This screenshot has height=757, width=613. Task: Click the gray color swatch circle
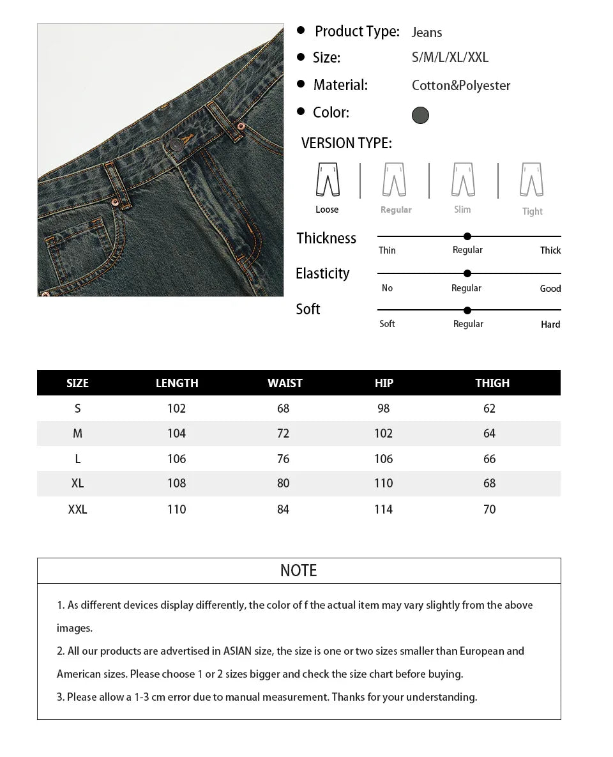(420, 115)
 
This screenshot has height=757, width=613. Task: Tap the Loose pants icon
(328, 180)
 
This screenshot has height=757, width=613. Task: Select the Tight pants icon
(531, 180)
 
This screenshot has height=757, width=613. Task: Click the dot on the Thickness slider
(467, 236)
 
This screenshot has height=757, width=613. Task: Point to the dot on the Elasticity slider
(467, 273)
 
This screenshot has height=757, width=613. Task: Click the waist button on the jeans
(176, 145)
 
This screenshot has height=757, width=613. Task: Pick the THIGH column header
(492, 383)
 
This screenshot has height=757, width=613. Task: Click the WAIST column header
(285, 383)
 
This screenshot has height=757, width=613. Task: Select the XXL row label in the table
(77, 510)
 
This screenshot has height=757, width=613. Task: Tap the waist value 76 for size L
(284, 459)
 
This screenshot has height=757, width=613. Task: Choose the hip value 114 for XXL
(384, 510)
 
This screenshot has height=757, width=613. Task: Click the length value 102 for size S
(176, 409)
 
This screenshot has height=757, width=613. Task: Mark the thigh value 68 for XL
(490, 484)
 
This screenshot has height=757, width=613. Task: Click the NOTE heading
(298, 570)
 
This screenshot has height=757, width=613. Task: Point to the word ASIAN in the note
(238, 652)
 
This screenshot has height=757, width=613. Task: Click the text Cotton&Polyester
(461, 86)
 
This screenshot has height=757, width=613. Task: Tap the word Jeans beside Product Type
(427, 33)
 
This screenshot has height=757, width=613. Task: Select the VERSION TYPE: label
(347, 143)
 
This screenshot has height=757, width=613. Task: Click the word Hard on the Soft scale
(550, 325)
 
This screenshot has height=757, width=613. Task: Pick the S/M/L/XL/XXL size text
(450, 57)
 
